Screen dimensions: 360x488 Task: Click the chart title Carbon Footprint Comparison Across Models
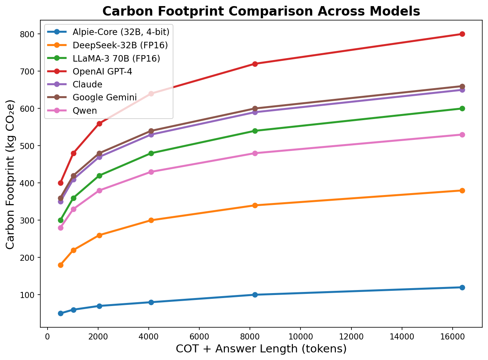261,11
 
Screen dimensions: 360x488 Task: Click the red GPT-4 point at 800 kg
462,34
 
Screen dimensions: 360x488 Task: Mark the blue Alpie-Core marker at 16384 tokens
462,287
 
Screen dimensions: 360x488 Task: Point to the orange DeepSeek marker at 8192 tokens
255,205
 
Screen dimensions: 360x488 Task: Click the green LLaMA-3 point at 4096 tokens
151,153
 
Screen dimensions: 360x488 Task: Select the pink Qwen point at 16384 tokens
462,135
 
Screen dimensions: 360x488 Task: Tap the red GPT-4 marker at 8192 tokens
255,64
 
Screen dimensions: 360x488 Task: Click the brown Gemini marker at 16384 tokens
462,86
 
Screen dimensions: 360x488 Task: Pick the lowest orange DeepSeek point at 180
60,265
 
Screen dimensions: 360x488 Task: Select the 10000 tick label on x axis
300,336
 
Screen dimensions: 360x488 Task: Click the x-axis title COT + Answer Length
261,349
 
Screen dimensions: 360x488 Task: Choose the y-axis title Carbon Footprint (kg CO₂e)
11,174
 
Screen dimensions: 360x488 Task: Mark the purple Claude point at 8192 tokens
255,112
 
